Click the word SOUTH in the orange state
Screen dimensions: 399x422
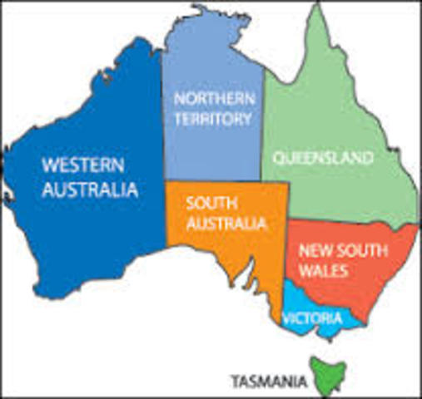tap(207, 203)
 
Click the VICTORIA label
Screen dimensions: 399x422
tap(311, 318)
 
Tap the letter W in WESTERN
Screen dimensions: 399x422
tap(49, 163)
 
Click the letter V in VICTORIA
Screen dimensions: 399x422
tap(286, 318)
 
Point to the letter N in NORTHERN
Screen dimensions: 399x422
tap(178, 98)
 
